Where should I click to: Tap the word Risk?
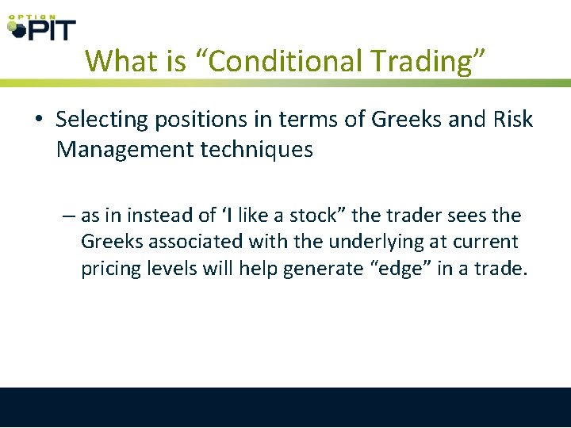(x=513, y=120)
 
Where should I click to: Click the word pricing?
(x=110, y=269)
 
